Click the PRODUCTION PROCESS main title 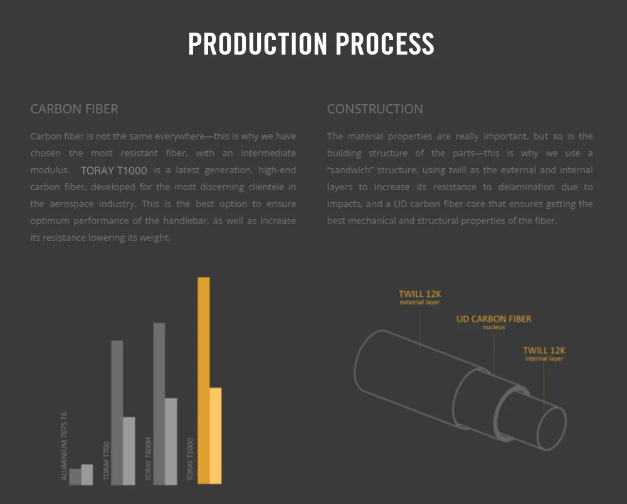312,44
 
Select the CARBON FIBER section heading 74,109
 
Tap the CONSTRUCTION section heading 375,109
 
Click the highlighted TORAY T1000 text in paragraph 114,170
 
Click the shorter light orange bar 215,436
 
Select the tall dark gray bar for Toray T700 117,412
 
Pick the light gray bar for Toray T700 129,451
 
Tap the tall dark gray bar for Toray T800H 159,403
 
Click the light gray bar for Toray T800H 171,441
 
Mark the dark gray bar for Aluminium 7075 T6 75,476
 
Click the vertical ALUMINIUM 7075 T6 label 64,446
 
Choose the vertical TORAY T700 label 106,461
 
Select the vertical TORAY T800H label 149,459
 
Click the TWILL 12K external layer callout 420,297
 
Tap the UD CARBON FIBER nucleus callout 493,322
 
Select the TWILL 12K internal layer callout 544,353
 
